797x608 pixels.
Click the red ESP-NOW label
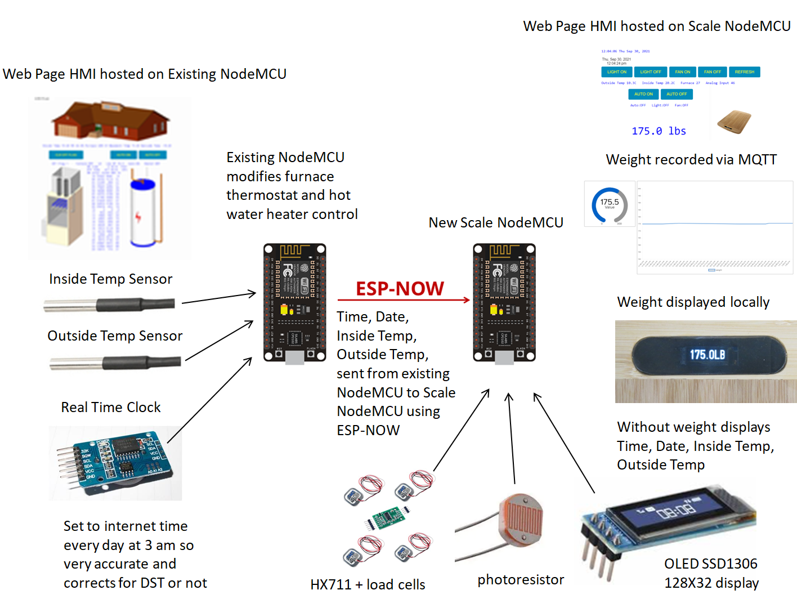[x=400, y=288]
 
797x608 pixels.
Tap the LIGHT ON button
[x=617, y=72]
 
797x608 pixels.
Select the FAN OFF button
[x=712, y=72]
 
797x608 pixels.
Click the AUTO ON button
[x=643, y=94]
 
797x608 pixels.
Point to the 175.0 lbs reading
[x=659, y=131]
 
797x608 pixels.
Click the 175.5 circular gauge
[x=610, y=204]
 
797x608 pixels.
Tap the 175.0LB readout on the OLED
[x=708, y=355]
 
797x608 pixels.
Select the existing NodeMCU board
[x=295, y=303]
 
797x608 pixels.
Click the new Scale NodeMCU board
[x=504, y=303]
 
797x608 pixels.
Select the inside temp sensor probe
[x=110, y=305]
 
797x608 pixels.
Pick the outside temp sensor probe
[x=115, y=363]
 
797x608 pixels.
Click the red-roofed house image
[x=110, y=119]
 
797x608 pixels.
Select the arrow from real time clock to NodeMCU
[x=209, y=400]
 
